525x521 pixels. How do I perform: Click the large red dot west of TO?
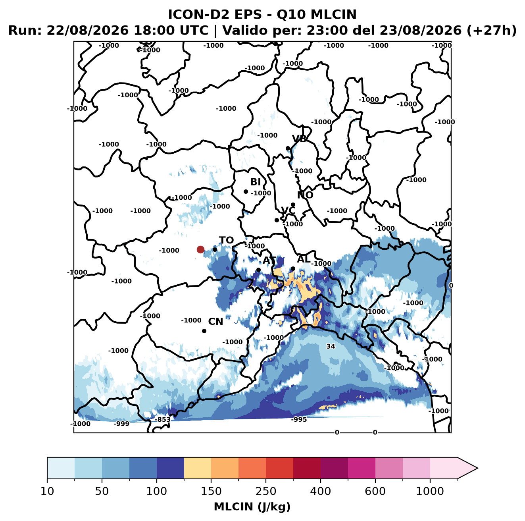tap(200, 249)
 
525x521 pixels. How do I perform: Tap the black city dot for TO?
tap(215, 249)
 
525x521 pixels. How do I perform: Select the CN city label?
tap(215, 322)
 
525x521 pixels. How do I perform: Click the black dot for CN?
tap(204, 331)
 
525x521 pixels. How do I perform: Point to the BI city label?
tap(255, 182)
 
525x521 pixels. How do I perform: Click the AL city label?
tap(304, 259)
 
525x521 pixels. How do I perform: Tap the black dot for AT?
tap(258, 270)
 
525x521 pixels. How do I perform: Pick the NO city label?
tap(305, 195)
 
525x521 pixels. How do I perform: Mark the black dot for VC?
tap(277, 220)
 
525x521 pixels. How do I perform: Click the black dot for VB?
tap(288, 148)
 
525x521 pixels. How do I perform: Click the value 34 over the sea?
tap(331, 346)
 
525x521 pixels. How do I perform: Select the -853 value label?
tap(163, 419)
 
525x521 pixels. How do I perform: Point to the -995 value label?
tap(299, 419)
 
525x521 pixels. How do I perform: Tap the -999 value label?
tap(121, 424)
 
